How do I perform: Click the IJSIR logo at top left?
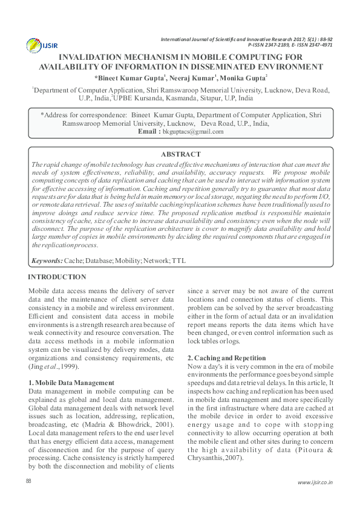tap(38, 45)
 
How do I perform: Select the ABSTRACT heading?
tap(180, 155)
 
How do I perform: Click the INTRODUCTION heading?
tap(57, 277)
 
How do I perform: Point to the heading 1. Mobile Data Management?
tap(71, 383)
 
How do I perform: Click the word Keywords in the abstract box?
tap(47, 261)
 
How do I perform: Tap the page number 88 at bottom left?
tap(28, 481)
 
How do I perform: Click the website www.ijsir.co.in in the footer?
tap(315, 482)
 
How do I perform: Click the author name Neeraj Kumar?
tap(191, 79)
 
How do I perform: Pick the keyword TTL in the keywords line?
tap(179, 261)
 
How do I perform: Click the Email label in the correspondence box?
tap(149, 131)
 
